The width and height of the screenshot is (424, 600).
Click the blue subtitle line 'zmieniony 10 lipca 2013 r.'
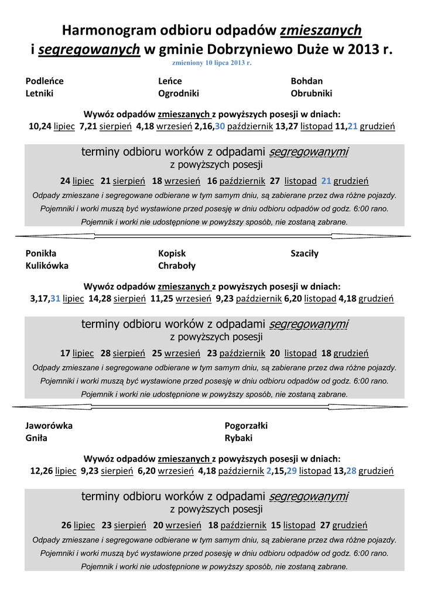211,62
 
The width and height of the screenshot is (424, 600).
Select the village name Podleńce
45,81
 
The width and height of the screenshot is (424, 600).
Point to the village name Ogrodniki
179,93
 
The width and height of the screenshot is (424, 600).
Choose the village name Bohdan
306,81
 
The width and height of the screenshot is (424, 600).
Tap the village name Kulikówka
47,265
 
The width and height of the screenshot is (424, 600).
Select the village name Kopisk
172,253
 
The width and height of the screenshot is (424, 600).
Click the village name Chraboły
176,265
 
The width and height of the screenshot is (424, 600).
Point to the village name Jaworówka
49,425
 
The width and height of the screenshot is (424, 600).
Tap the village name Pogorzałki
246,425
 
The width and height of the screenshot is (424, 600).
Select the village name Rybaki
238,437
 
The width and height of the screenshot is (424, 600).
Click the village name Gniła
36,437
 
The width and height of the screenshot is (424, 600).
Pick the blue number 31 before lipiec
56,298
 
